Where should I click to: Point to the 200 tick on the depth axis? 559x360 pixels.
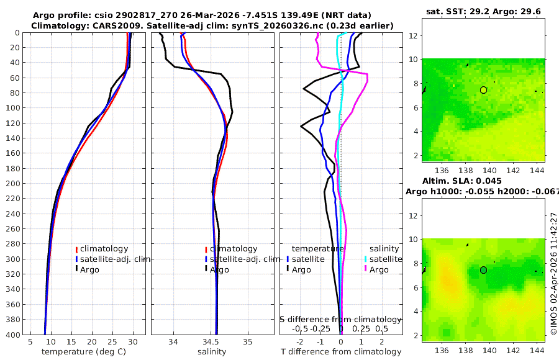(x=13, y=184)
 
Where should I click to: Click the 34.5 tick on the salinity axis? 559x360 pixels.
(x=211, y=342)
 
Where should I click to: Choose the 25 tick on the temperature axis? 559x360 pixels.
(x=112, y=342)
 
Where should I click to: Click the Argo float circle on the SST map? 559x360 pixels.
(x=483, y=90)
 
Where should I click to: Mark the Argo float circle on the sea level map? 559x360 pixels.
(x=483, y=270)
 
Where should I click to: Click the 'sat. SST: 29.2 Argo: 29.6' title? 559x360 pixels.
(x=483, y=12)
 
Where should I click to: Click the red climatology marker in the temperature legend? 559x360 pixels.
(x=76, y=250)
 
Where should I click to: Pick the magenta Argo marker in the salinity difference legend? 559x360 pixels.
(x=366, y=269)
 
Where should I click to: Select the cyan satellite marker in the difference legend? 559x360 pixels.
(x=366, y=259)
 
